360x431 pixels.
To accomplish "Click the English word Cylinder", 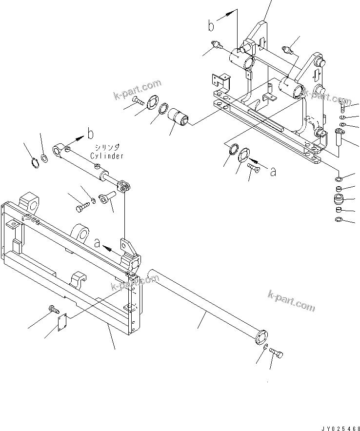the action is point(107,156).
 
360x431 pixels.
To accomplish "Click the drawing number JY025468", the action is point(341,429).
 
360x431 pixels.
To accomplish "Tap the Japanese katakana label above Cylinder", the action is point(107,147).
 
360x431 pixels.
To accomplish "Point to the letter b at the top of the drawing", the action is point(211,26).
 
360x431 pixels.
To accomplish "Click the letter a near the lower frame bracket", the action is point(97,243).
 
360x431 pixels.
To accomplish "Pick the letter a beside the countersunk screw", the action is point(273,172).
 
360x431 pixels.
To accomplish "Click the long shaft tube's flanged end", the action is point(261,337).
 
